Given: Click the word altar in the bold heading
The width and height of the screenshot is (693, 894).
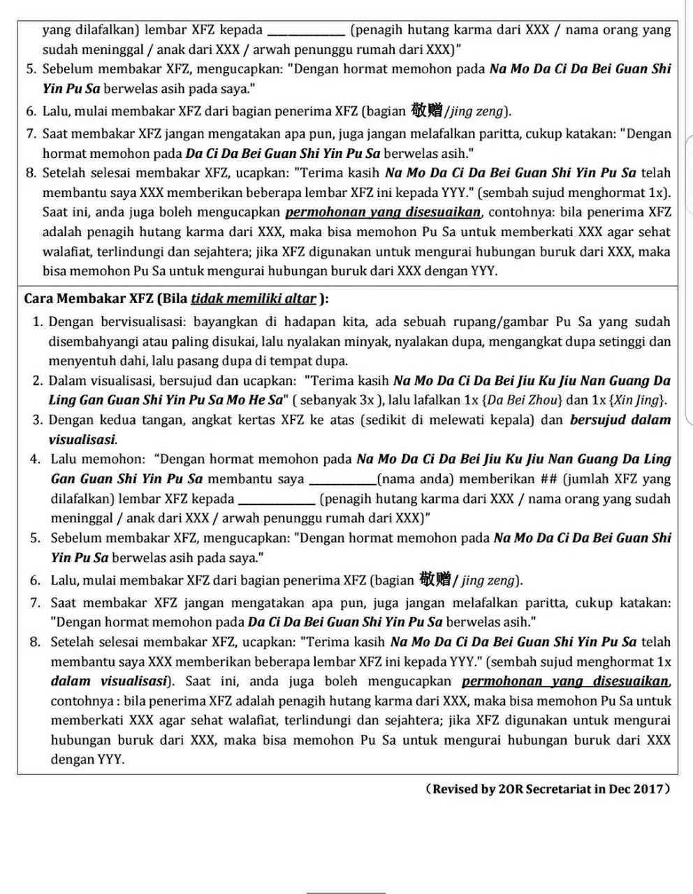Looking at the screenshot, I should coord(301,299).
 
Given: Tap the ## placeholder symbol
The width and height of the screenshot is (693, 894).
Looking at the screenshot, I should coord(548,479).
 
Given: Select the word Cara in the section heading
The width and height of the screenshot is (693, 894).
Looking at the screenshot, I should coord(39,299).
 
